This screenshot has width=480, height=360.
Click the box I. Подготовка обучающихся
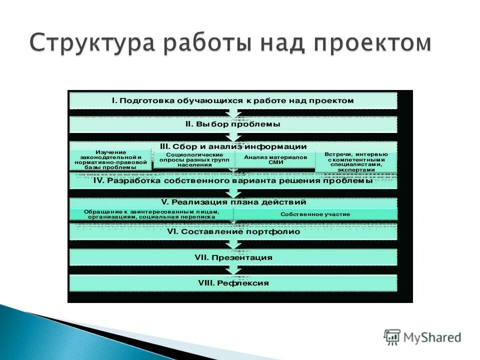pyautogui.click(x=233, y=100)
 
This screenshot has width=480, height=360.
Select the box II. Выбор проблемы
pyautogui.click(x=233, y=124)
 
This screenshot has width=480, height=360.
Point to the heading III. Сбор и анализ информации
pyautogui.click(x=233, y=146)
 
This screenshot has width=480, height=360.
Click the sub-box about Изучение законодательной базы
pyautogui.click(x=110, y=160)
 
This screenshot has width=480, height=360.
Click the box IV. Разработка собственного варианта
pyautogui.click(x=233, y=181)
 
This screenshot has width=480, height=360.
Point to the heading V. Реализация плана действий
pyautogui.click(x=233, y=202)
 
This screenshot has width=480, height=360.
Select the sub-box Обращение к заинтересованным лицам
pyautogui.click(x=151, y=214)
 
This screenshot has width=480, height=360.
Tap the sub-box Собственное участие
pyautogui.click(x=315, y=214)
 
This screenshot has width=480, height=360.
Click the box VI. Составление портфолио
pyautogui.click(x=233, y=232)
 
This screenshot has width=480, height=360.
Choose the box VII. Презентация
pyautogui.click(x=233, y=257)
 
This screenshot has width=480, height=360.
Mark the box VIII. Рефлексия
pyautogui.click(x=233, y=283)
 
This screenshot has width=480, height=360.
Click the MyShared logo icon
pyautogui.click(x=392, y=337)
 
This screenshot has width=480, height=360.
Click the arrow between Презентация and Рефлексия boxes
pyautogui.click(x=233, y=270)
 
